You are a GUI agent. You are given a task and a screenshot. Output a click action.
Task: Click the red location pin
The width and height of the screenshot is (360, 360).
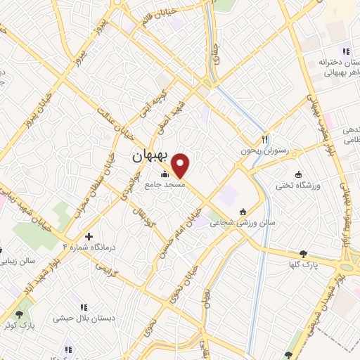(181, 166)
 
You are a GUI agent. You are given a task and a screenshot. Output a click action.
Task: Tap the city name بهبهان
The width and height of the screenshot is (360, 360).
(151, 157)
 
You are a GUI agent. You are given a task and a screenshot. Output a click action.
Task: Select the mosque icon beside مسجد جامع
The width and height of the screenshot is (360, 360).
(165, 174)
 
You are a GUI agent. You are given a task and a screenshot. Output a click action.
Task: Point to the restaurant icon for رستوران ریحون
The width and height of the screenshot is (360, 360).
(265, 139)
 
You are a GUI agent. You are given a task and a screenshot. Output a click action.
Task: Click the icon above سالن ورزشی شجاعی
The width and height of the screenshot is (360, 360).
(244, 211)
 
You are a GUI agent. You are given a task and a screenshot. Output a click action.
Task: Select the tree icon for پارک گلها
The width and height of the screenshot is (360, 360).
(303, 254)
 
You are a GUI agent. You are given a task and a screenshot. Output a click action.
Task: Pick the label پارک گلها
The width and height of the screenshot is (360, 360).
(304, 264)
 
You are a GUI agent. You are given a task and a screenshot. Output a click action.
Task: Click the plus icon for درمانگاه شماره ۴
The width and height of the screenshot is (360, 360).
(88, 237)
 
